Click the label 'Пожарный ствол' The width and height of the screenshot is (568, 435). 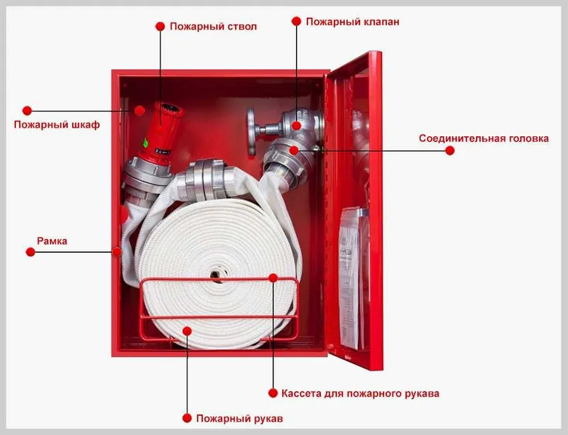pos(213,27)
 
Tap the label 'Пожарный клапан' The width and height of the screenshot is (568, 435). pos(352,22)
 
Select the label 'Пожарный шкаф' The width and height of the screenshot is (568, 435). pos(57,125)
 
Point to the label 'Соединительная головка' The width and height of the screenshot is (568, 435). pos(484,138)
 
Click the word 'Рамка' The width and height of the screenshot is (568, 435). pos(52,241)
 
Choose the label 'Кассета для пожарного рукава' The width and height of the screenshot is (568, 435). pos(360,393)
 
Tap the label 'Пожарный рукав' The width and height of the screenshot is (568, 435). pos(239,419)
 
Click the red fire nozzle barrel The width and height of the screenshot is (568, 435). pos(163,131)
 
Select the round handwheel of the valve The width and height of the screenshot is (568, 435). pos(251,131)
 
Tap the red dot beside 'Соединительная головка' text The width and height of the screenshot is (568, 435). pos(450,150)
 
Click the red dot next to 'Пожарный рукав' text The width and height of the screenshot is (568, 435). pos(187,419)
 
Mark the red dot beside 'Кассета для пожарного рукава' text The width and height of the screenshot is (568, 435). pos(273,393)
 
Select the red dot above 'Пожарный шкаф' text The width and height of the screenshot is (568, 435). pos(27,111)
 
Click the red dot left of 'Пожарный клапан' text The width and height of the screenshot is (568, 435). pos(296,21)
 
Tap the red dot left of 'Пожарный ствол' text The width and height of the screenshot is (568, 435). pos(160,26)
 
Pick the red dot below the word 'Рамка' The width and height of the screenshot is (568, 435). pos(31,252)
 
